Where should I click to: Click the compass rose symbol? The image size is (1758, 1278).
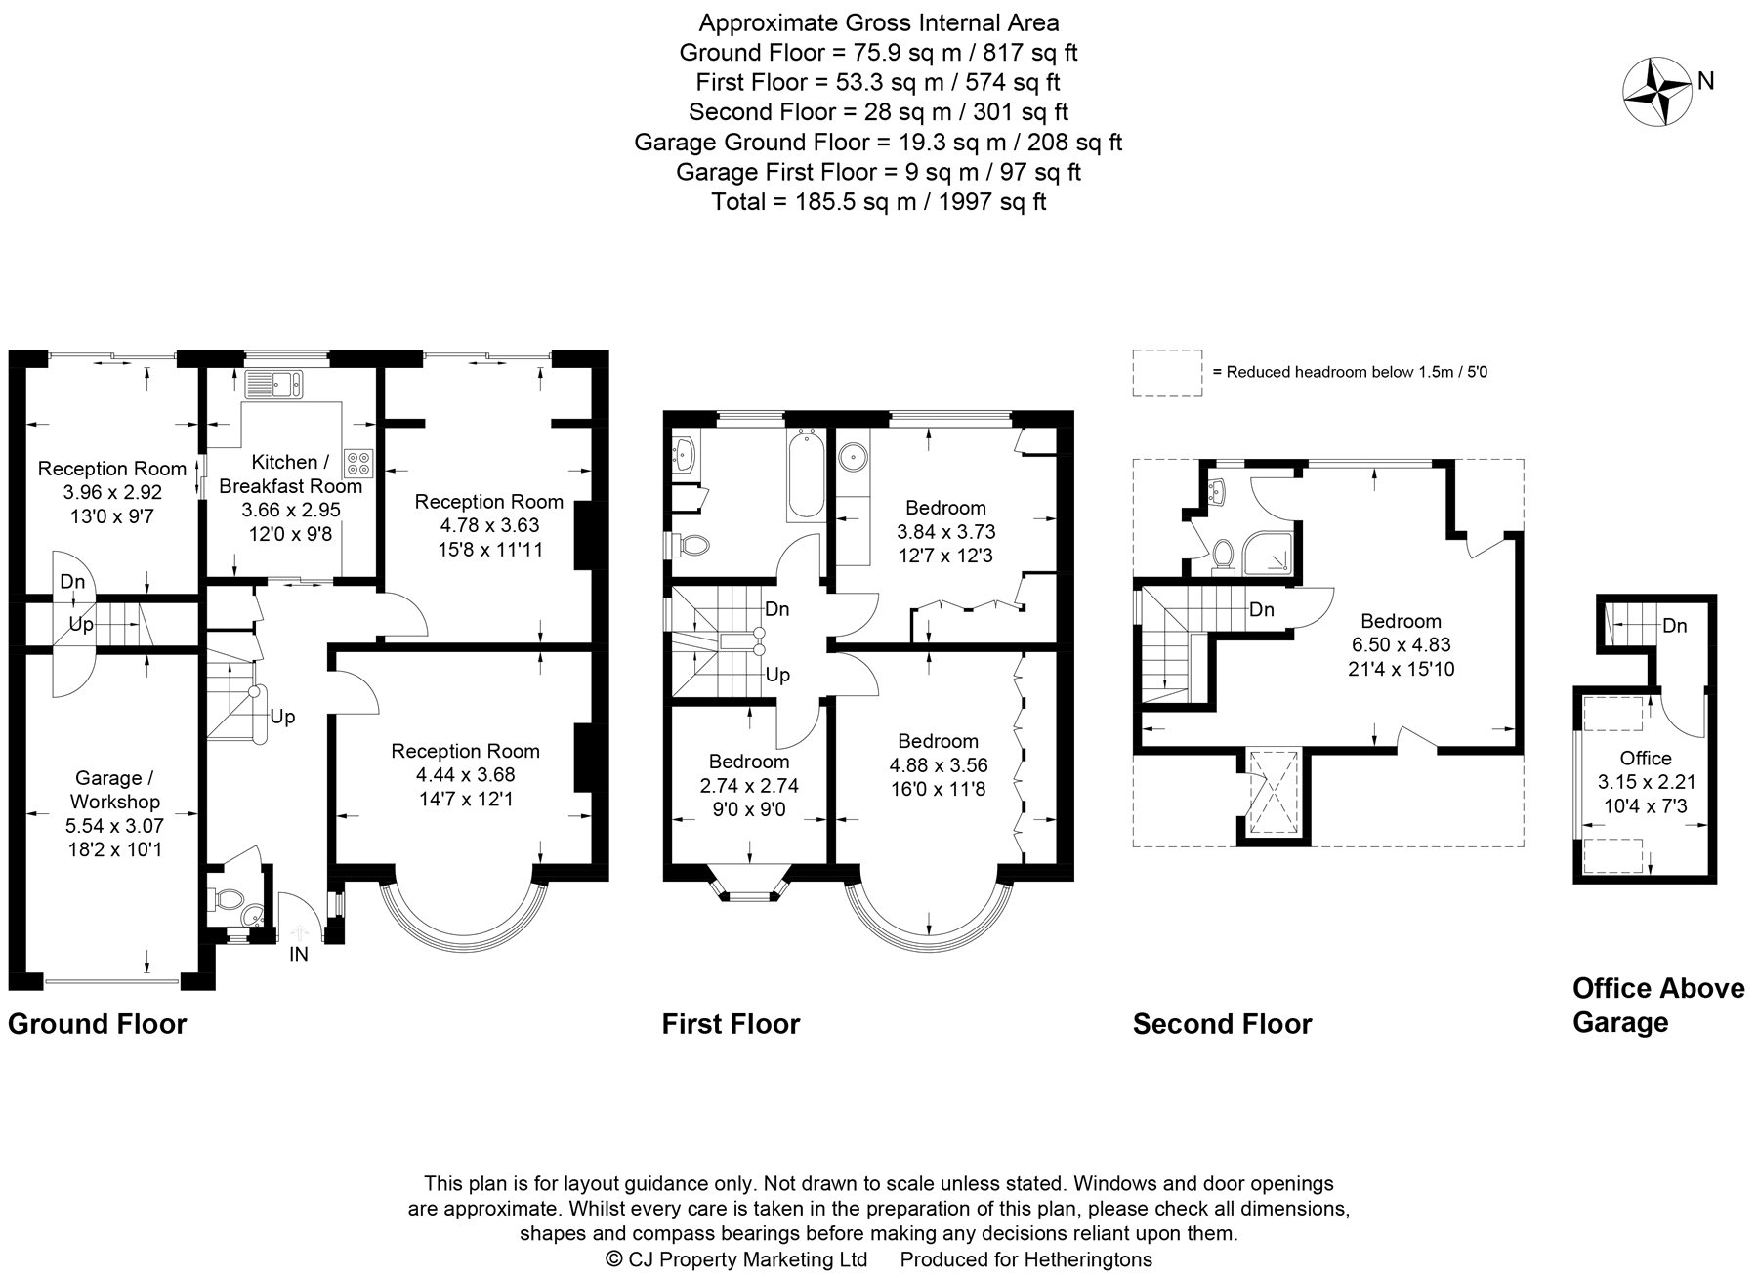[1656, 94]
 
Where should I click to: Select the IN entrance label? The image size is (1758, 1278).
[299, 955]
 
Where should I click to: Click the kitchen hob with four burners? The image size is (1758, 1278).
[356, 462]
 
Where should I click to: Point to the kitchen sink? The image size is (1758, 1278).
[275, 384]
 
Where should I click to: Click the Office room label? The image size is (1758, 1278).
[1646, 759]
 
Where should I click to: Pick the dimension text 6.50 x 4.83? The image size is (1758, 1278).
[1401, 644]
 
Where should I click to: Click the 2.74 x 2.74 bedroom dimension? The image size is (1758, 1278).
[749, 786]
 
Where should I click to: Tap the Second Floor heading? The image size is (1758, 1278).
[1222, 1024]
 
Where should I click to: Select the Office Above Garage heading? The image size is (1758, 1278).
[1657, 1005]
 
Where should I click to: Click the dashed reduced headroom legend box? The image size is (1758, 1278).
[1167, 373]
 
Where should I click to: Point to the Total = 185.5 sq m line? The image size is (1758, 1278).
[879, 202]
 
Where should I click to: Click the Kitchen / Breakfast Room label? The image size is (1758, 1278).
[289, 474]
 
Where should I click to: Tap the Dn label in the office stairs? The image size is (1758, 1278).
[1674, 626]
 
